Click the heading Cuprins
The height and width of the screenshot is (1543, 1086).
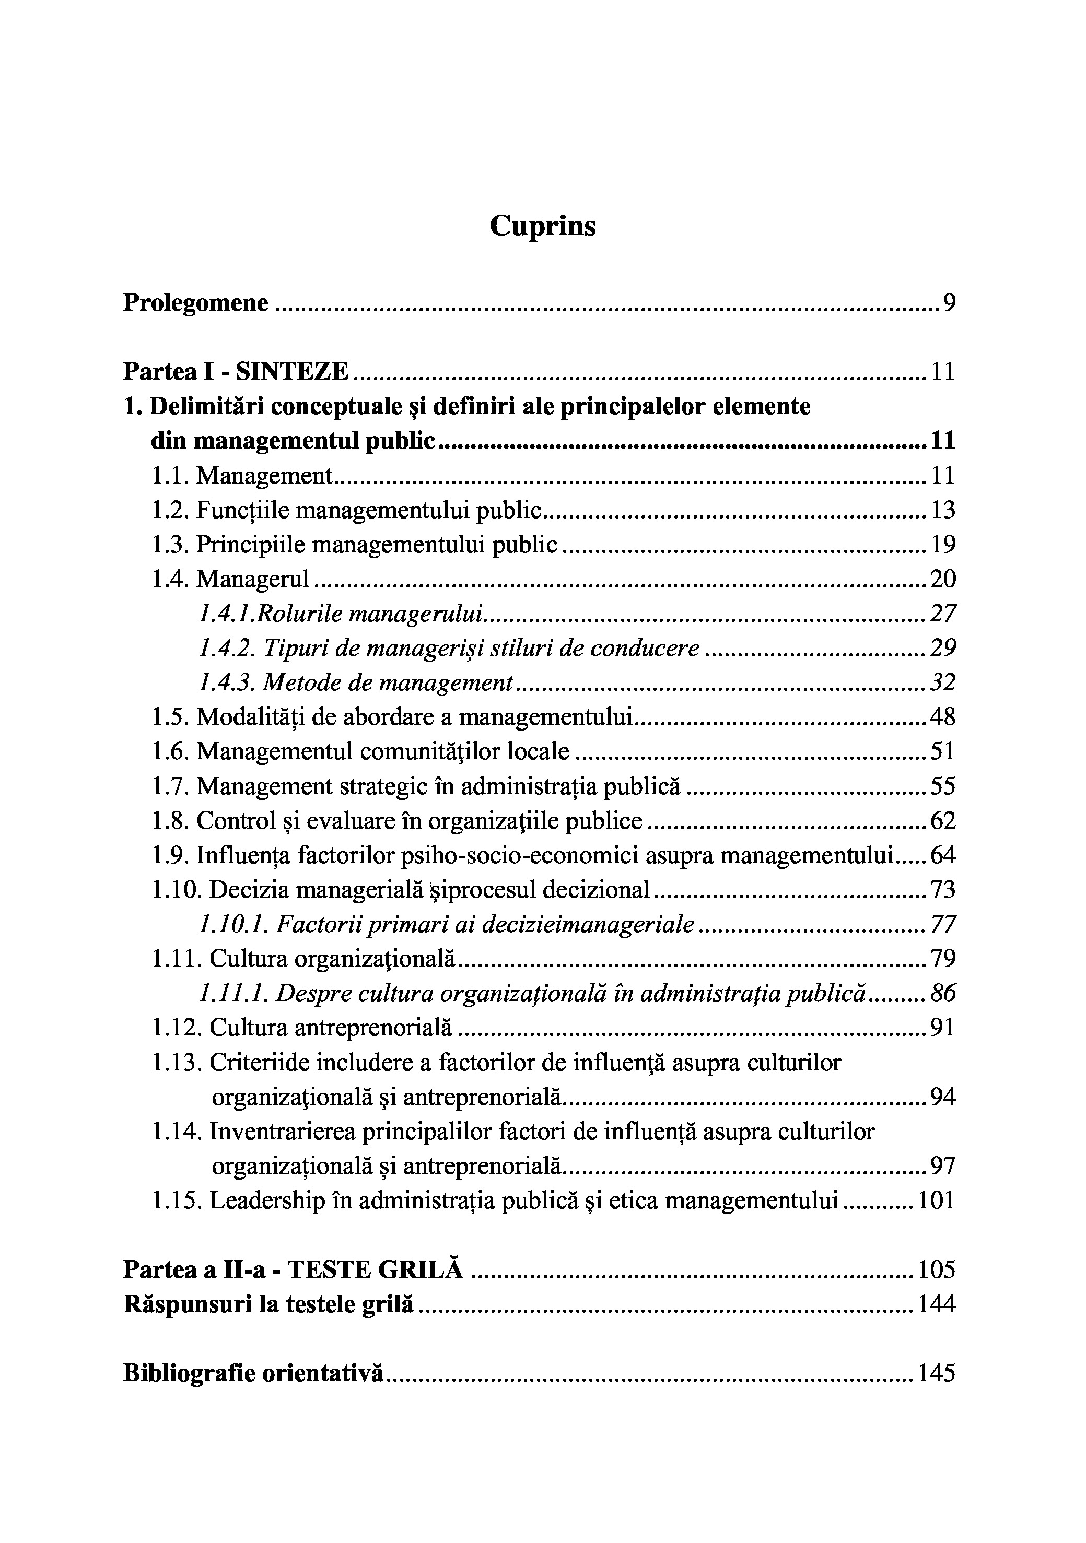[x=542, y=227]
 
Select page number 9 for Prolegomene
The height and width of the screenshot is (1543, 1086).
[x=948, y=303]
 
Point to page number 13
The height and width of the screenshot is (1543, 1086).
[x=942, y=511]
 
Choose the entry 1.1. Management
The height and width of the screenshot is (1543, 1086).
[x=242, y=476]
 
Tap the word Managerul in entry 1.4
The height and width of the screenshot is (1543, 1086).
[x=253, y=579]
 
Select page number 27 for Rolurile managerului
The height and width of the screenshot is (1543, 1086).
[x=943, y=614]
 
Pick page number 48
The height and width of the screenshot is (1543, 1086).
[x=942, y=718]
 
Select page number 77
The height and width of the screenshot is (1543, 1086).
[x=943, y=925]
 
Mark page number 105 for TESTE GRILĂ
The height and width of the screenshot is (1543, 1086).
[x=936, y=1270]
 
